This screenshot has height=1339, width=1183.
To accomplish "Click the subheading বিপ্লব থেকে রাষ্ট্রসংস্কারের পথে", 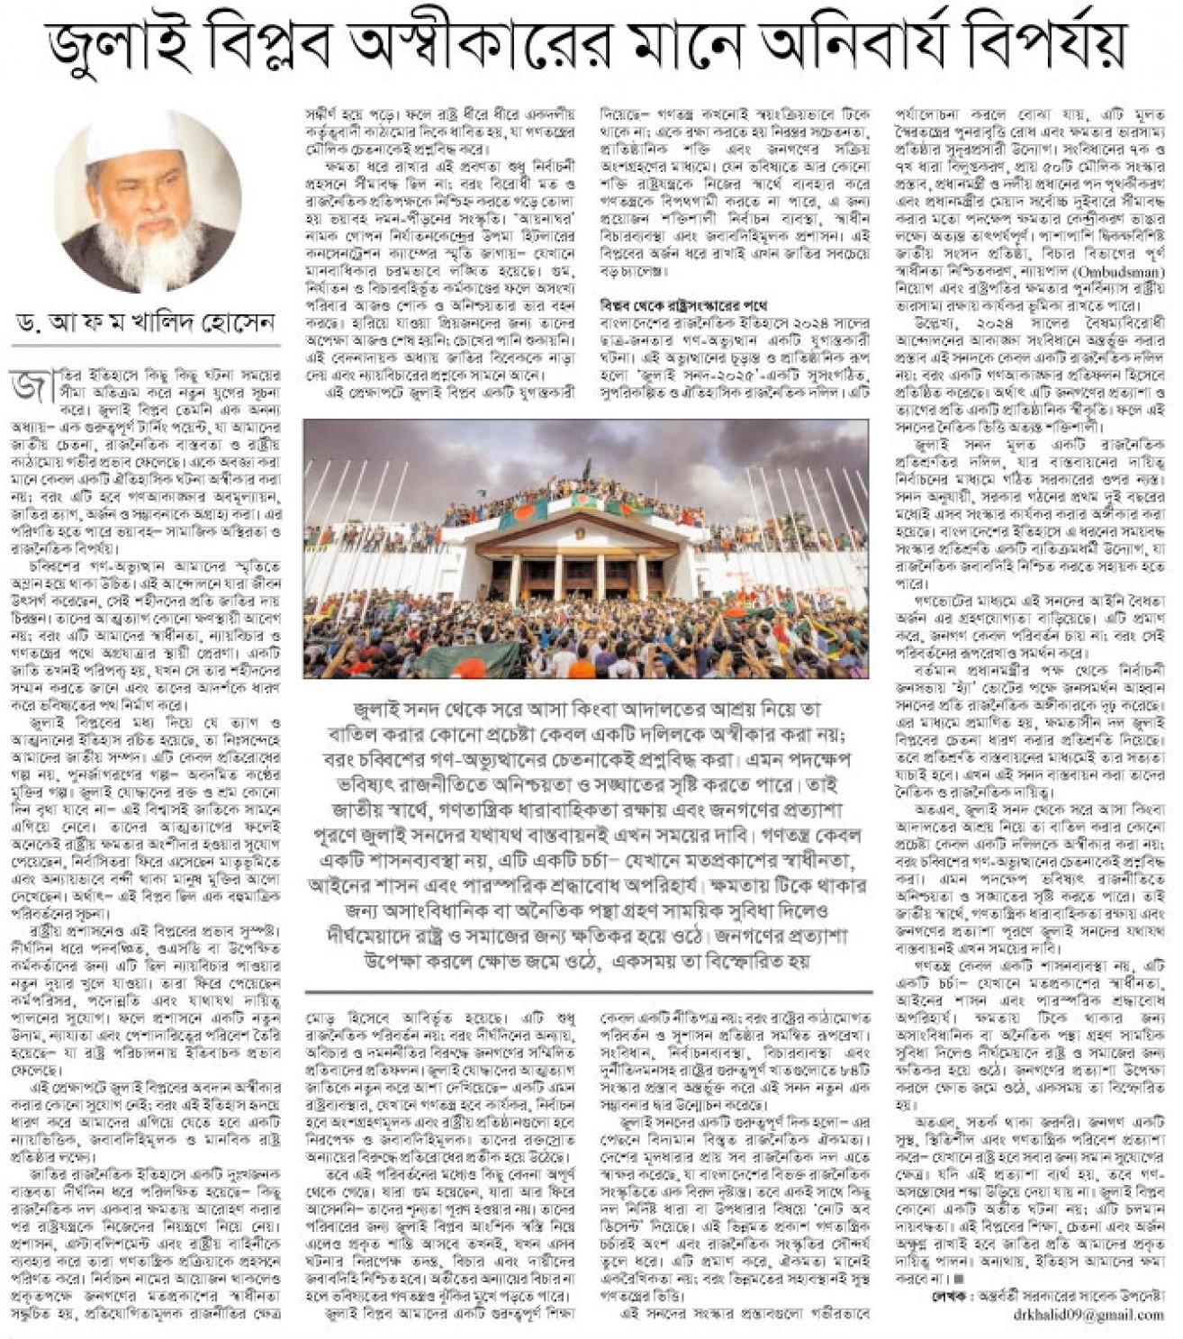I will (683, 306).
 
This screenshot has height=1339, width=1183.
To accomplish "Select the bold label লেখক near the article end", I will (951, 1297).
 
